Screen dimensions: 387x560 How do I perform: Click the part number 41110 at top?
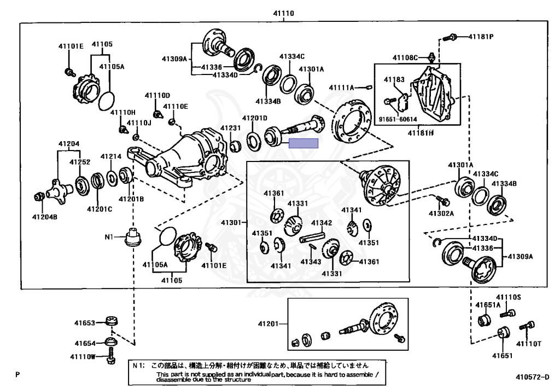(x=284, y=13)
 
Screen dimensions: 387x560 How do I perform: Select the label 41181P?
(x=481, y=37)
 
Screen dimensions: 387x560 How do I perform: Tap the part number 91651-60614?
(x=398, y=119)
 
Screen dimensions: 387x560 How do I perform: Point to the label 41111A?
(x=342, y=88)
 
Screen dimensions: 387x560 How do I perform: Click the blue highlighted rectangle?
(x=304, y=143)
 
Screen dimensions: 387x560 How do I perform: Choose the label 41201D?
(x=255, y=118)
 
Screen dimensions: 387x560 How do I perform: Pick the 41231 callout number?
(x=231, y=128)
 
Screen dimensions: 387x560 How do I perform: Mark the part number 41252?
(x=79, y=163)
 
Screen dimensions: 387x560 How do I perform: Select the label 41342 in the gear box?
(x=322, y=223)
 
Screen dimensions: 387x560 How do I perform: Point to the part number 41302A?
(x=441, y=213)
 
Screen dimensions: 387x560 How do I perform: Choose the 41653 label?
(x=85, y=323)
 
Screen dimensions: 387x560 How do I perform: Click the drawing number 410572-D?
(x=532, y=377)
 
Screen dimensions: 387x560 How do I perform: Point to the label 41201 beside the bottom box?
(x=269, y=324)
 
